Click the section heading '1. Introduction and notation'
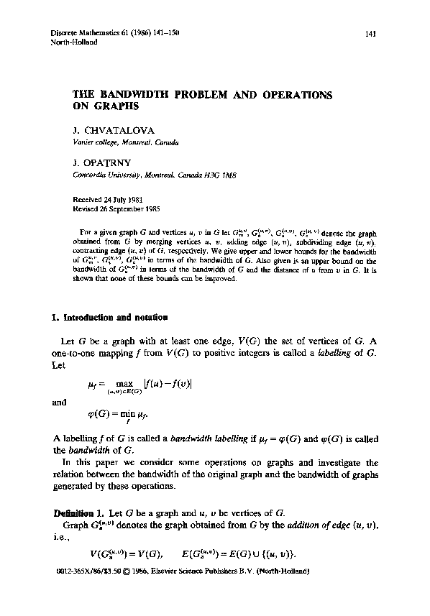[111, 316]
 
